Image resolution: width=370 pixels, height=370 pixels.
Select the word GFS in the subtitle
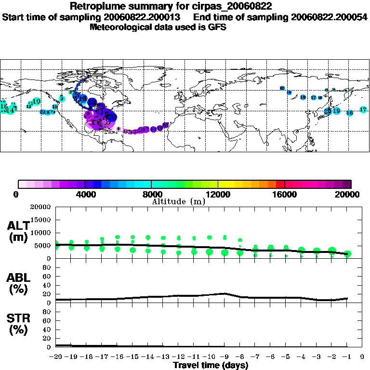(x=217, y=27)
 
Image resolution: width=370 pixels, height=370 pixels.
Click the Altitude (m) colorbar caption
(x=178, y=201)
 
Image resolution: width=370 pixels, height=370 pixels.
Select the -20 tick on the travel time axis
(x=55, y=357)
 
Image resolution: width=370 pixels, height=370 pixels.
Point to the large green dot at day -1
(x=347, y=253)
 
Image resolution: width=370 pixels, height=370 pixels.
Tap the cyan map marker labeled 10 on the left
(x=36, y=101)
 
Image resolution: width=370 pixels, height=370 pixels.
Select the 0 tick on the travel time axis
(x=362, y=357)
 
